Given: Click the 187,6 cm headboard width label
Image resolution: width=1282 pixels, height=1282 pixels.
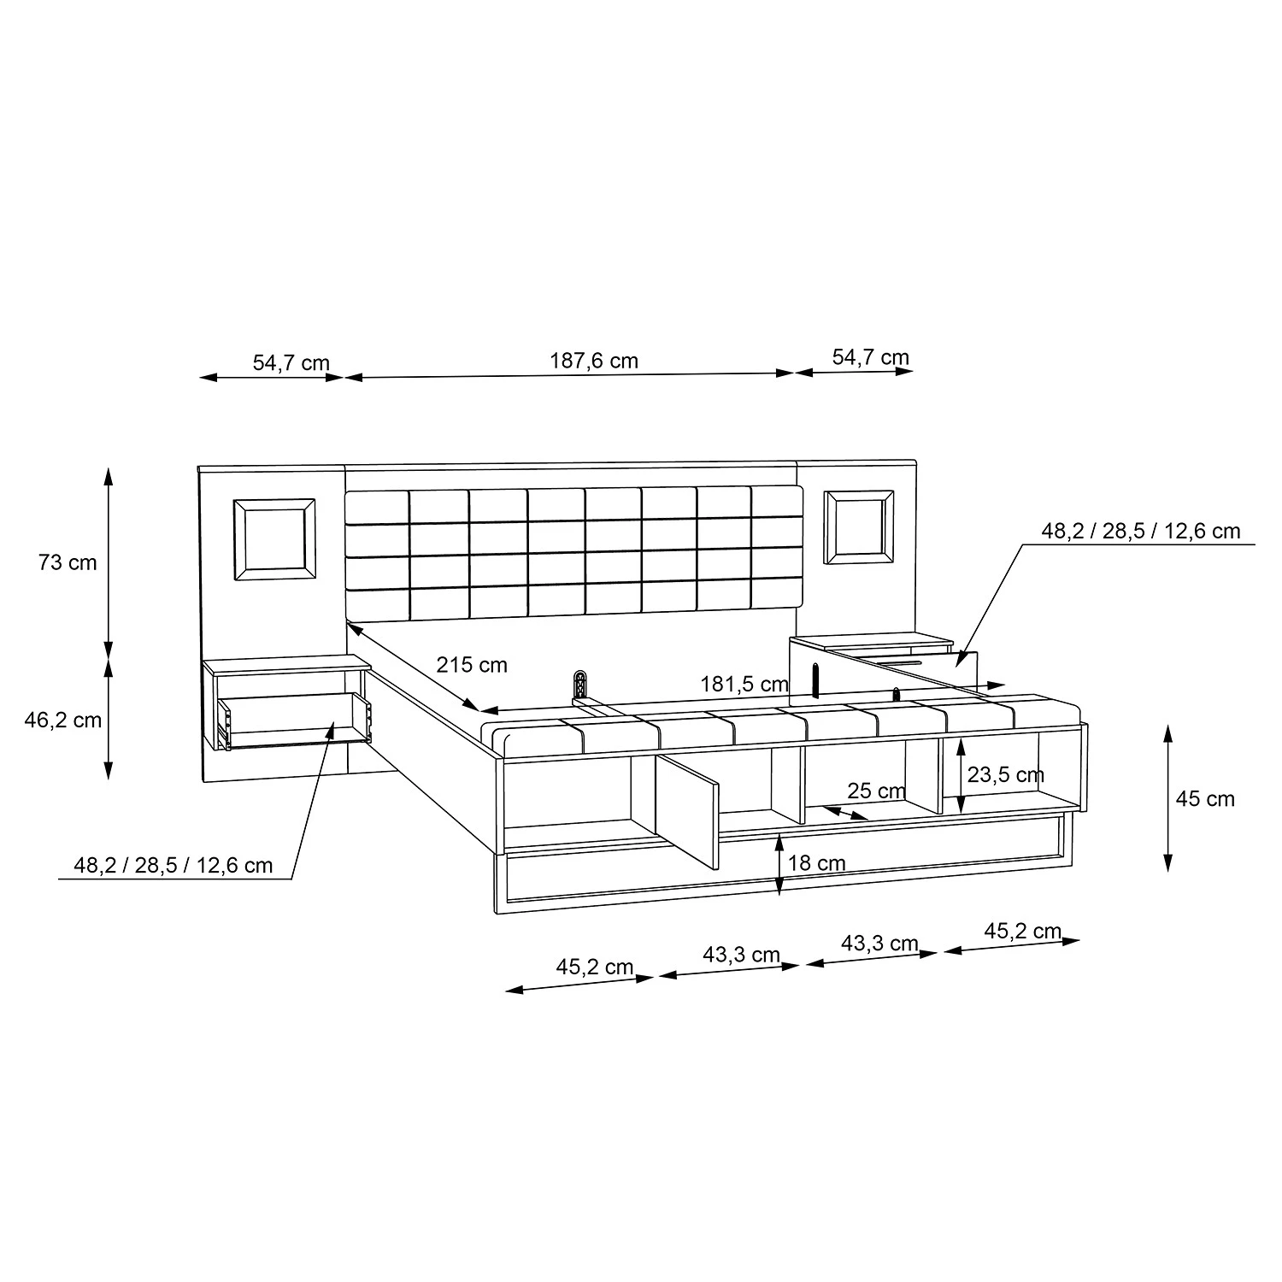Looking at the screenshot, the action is click(x=593, y=361).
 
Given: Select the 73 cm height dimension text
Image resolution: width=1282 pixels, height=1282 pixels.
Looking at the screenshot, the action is click(x=68, y=562).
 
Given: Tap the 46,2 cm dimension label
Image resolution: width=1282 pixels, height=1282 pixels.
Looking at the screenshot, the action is click(x=62, y=720).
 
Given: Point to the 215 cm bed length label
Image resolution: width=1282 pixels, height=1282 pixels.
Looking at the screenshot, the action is click(x=472, y=664).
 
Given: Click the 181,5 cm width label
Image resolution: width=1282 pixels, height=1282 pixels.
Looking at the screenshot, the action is click(x=744, y=684).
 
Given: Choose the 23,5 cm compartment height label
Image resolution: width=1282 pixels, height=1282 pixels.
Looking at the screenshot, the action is click(x=1005, y=774).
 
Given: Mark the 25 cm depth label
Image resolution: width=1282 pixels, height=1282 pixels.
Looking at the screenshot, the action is click(x=876, y=791).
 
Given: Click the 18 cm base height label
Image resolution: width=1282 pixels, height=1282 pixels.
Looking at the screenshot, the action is click(x=817, y=863).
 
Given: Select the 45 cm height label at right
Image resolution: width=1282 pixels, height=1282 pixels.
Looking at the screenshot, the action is click(x=1205, y=798).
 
